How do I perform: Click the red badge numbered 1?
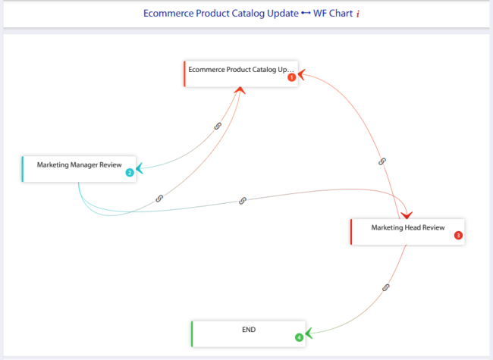(x=291, y=77)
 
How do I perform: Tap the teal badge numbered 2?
(x=130, y=173)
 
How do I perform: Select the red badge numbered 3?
(x=458, y=235)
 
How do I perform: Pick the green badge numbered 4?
(x=299, y=337)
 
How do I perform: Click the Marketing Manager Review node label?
(x=79, y=164)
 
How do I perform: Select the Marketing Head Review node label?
(x=407, y=227)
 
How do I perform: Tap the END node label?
(x=249, y=330)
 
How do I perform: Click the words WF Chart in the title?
(x=332, y=14)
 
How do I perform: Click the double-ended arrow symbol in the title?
(x=306, y=14)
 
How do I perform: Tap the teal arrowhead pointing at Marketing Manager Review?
(x=140, y=169)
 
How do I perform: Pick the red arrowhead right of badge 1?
(x=302, y=74)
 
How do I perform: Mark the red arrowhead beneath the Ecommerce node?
(x=240, y=91)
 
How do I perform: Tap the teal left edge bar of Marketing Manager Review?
(x=24, y=169)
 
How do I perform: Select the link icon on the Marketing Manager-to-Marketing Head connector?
(x=243, y=201)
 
